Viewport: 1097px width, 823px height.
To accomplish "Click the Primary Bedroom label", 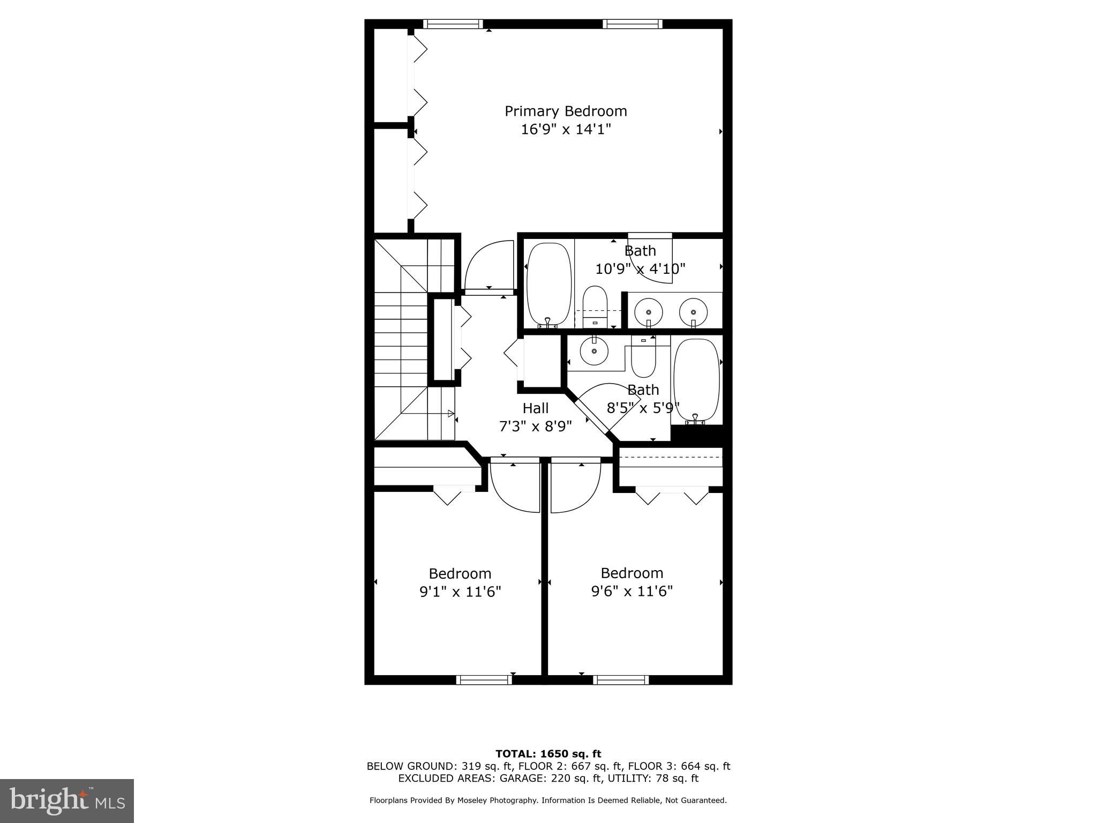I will (x=566, y=111).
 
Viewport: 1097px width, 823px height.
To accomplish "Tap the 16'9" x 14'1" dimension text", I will (x=566, y=130).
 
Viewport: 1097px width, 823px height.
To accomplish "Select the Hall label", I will (x=536, y=408).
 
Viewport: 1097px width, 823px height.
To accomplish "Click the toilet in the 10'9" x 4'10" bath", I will (x=594, y=306).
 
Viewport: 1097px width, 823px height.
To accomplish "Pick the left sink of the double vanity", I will (x=648, y=311).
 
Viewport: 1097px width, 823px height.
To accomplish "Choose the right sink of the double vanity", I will (x=694, y=311).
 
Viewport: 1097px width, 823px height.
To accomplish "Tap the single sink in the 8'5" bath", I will (x=595, y=351).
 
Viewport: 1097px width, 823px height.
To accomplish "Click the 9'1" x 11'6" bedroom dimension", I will (x=460, y=592).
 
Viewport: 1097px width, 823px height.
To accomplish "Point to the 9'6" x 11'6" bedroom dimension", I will (x=632, y=591).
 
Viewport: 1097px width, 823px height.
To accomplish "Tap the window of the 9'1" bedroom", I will (x=484, y=680).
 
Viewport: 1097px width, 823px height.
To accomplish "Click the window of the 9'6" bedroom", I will (x=621, y=680).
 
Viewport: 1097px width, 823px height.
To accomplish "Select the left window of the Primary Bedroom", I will (x=453, y=24).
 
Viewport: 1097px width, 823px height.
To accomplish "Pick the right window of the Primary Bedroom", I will (x=633, y=24).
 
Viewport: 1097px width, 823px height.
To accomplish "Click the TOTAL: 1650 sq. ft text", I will (x=548, y=754).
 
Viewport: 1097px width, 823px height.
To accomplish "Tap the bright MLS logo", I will (x=67, y=801).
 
